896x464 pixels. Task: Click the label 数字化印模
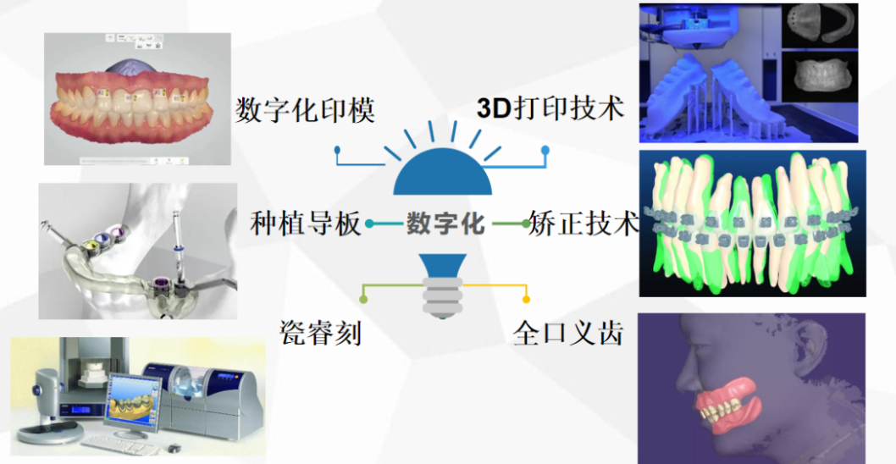305,109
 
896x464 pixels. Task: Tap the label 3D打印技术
550,108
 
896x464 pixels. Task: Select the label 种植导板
307,224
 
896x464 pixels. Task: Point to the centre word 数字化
445,224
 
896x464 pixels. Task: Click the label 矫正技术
584,223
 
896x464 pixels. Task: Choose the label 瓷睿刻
321,333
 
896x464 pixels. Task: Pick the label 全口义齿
568,333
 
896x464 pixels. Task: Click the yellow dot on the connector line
526,300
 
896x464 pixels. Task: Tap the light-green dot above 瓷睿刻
362,299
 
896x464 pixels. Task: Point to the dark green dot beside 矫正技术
526,224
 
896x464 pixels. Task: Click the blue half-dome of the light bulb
442,173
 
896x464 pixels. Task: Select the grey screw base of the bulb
442,296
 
